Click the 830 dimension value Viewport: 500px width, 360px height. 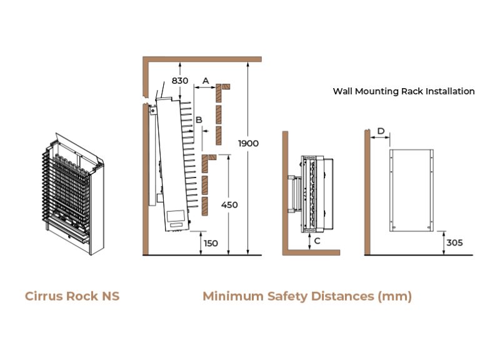tap(180, 81)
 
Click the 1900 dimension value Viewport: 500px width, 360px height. tap(248, 144)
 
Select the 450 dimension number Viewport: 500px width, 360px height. tap(229, 205)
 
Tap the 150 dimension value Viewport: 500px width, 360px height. tap(211, 243)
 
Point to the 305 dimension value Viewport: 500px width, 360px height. tap(454, 242)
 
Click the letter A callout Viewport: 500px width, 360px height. tap(206, 81)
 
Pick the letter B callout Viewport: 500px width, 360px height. tap(199, 119)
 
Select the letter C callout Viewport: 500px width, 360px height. tap(317, 240)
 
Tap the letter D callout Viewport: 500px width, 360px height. tap(381, 131)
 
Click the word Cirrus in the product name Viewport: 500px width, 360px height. tap(44, 296)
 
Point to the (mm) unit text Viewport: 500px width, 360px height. tap(395, 296)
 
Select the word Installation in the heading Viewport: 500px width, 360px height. tap(449, 91)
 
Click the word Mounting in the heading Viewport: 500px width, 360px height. tap(380, 91)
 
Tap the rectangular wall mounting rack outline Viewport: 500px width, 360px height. tap(412, 190)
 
